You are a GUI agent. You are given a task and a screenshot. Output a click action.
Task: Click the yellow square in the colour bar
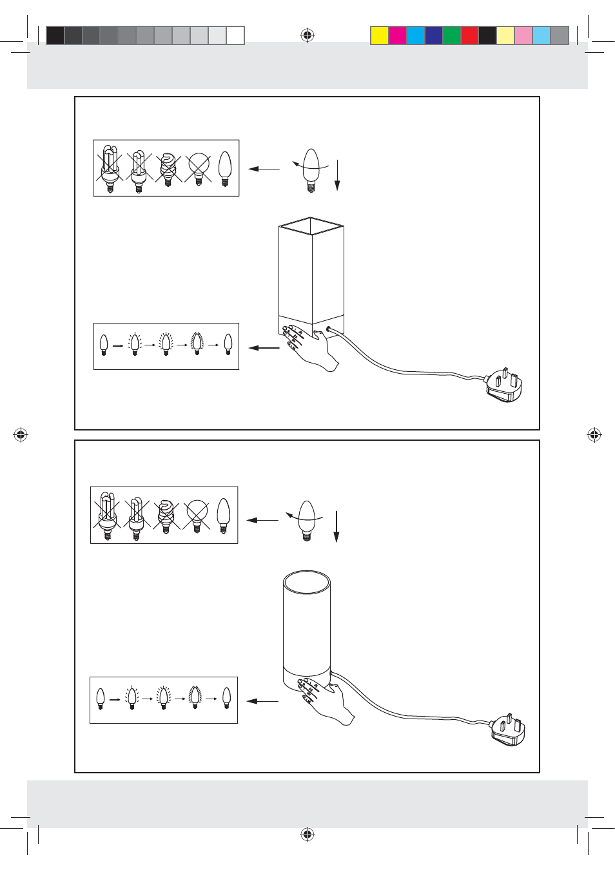pos(380,35)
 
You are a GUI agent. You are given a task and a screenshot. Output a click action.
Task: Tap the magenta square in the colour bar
pos(398,35)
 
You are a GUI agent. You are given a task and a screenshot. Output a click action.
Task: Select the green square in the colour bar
pos(451,35)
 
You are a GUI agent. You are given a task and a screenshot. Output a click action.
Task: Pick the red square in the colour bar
pos(469,35)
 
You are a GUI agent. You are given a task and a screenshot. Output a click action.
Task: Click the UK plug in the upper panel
pos(505,385)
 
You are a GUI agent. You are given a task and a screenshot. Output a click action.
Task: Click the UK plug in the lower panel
pos(509,730)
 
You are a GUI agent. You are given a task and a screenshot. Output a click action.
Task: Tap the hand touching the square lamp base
pos(312,348)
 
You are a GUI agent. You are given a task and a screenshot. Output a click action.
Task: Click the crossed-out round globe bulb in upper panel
pos(199,168)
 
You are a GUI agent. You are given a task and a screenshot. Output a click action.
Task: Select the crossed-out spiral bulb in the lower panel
pos(166,516)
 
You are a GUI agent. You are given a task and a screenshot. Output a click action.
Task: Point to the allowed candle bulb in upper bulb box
pos(224,169)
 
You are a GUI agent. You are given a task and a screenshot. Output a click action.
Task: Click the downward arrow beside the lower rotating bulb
pos(337,526)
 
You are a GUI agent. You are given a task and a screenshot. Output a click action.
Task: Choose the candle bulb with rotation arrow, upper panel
pos(311,170)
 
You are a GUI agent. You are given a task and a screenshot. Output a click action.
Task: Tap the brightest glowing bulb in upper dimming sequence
pos(197,344)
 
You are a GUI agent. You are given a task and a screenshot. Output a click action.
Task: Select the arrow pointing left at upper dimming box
pos(264,348)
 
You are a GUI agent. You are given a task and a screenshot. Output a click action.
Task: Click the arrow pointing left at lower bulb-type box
pos(262,520)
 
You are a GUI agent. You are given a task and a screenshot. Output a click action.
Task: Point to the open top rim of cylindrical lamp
pos(307,582)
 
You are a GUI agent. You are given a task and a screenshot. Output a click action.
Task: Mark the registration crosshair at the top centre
pos(307,35)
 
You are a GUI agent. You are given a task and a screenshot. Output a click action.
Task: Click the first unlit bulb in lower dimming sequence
pos(101,699)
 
